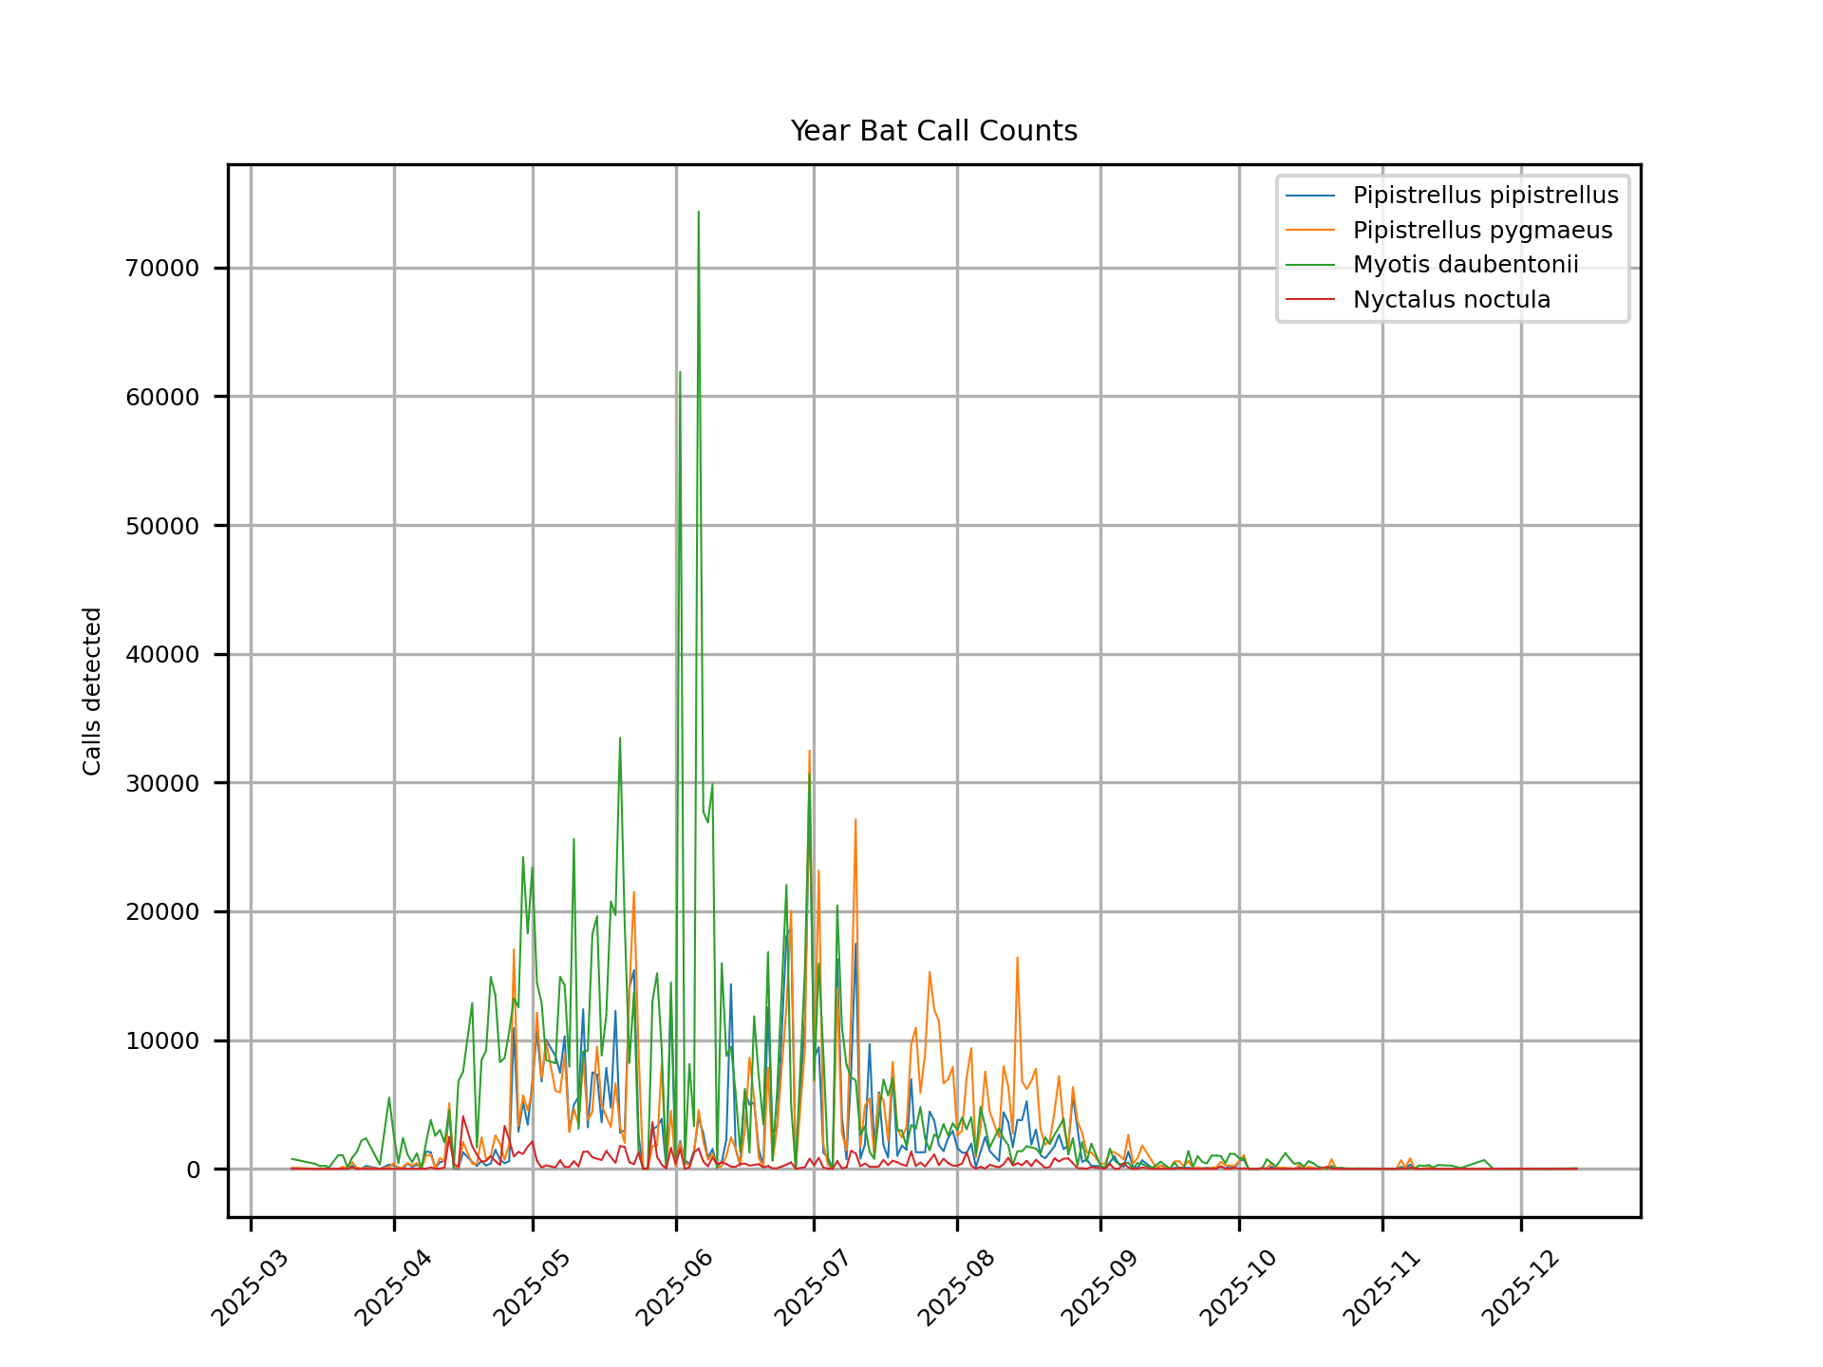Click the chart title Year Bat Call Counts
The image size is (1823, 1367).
point(933,131)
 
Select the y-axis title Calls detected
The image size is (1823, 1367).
point(92,691)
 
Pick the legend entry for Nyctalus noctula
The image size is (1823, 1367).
point(1451,300)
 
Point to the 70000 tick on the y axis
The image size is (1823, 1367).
point(162,269)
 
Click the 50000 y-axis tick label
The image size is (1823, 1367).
point(162,526)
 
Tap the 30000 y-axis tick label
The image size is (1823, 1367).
point(162,783)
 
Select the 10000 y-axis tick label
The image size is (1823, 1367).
point(162,1041)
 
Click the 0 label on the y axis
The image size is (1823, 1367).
point(193,1170)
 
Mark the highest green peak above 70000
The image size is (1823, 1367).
point(699,213)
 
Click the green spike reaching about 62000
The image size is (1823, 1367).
point(680,372)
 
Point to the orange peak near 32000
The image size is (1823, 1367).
point(809,751)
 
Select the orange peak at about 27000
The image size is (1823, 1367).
point(855,819)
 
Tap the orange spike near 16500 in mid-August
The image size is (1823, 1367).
point(1017,958)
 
